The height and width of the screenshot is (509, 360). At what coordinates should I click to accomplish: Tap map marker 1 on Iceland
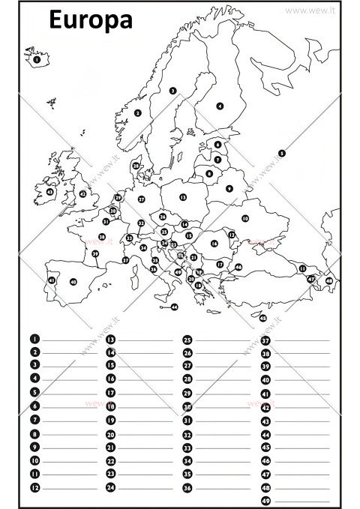(37, 57)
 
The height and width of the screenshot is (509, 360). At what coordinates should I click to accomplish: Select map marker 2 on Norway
(138, 113)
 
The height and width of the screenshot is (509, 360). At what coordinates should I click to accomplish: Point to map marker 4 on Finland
(220, 106)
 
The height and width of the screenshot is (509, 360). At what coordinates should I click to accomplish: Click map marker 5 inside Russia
(281, 153)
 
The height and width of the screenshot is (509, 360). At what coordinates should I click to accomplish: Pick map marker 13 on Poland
(182, 197)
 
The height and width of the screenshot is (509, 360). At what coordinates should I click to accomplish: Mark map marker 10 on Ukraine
(244, 218)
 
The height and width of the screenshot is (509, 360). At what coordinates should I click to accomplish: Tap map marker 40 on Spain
(73, 282)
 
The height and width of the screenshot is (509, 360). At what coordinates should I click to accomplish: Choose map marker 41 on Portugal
(51, 280)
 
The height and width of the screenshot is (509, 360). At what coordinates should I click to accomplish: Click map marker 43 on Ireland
(50, 192)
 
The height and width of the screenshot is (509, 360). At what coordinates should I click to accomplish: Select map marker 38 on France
(102, 237)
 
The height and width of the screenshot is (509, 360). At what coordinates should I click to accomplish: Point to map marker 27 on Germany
(141, 199)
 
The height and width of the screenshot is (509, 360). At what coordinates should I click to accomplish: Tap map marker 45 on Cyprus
(262, 318)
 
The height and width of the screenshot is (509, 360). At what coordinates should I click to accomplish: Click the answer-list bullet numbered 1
(34, 340)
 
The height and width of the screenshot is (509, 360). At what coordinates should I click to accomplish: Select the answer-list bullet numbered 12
(34, 487)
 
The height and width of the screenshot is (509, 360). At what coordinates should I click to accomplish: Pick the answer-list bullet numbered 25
(187, 340)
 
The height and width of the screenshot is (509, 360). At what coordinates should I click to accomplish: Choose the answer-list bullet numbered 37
(265, 340)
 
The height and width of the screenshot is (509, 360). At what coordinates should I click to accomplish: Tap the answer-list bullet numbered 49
(265, 501)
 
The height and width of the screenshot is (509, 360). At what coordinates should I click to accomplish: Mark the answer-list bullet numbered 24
(110, 487)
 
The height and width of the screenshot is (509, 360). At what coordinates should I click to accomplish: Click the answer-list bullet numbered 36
(187, 487)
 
